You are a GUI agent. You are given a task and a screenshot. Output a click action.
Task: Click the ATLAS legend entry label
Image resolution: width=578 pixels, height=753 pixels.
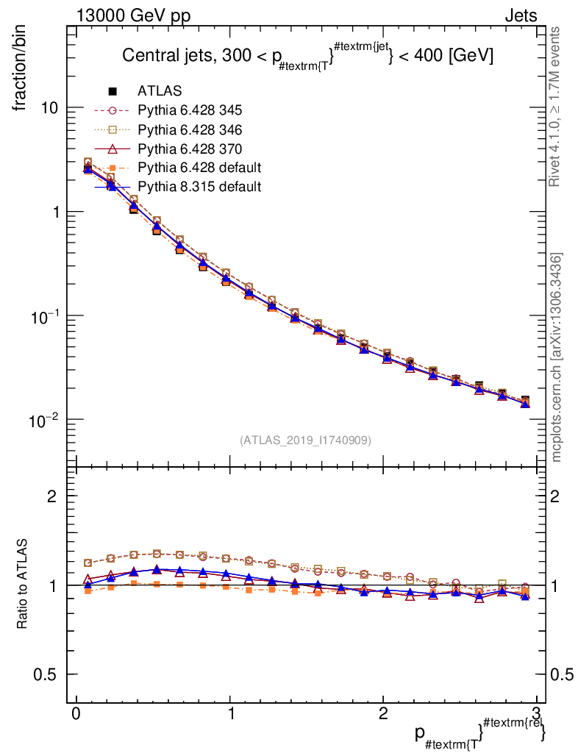coord(160,91)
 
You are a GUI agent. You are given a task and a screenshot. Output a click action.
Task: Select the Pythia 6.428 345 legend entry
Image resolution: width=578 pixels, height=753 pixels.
coord(190,110)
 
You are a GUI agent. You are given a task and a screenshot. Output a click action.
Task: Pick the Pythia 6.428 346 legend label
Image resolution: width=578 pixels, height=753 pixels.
coord(190,129)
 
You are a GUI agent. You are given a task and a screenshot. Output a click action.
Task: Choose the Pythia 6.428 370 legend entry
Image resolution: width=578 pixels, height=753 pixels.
coord(190,149)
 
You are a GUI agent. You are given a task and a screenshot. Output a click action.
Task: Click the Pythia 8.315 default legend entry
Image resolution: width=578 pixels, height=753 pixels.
coord(199,187)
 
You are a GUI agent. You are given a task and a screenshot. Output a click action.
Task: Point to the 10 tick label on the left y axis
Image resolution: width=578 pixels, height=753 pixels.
coord(49,108)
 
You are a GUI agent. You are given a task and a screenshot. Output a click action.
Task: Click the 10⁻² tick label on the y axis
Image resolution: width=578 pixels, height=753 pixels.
coord(45,420)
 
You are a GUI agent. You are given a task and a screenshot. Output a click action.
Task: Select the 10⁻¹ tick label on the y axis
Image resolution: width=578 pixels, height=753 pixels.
coord(45,316)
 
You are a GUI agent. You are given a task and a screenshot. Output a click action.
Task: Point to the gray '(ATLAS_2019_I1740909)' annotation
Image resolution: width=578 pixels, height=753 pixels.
coord(305,440)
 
